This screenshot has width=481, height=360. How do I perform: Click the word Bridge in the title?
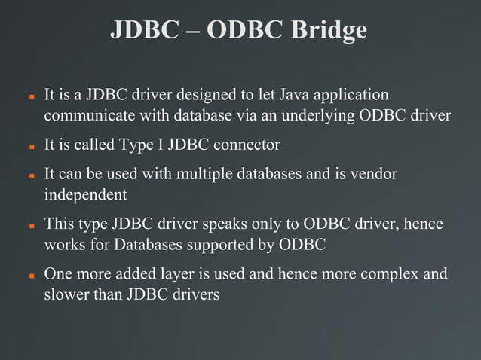point(328,30)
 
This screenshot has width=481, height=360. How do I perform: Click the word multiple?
point(201,175)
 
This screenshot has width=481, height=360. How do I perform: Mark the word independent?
point(85,194)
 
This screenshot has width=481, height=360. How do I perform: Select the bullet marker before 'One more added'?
point(32,276)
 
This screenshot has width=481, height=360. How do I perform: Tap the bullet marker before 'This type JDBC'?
point(32,226)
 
